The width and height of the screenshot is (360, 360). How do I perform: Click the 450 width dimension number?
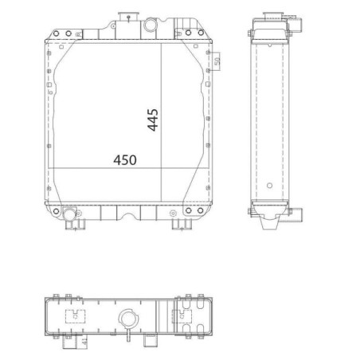[125, 160]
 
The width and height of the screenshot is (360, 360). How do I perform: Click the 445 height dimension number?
[153, 119]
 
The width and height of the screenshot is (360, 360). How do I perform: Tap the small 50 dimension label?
[217, 61]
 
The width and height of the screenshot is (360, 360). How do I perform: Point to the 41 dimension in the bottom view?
[84, 342]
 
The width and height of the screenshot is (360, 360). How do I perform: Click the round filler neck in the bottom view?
[128, 318]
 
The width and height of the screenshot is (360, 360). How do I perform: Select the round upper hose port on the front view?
[151, 25]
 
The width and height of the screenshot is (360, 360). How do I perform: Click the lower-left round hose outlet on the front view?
[69, 213]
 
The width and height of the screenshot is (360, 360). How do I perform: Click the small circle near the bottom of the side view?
[269, 186]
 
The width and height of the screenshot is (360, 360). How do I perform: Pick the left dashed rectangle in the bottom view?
[75, 316]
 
